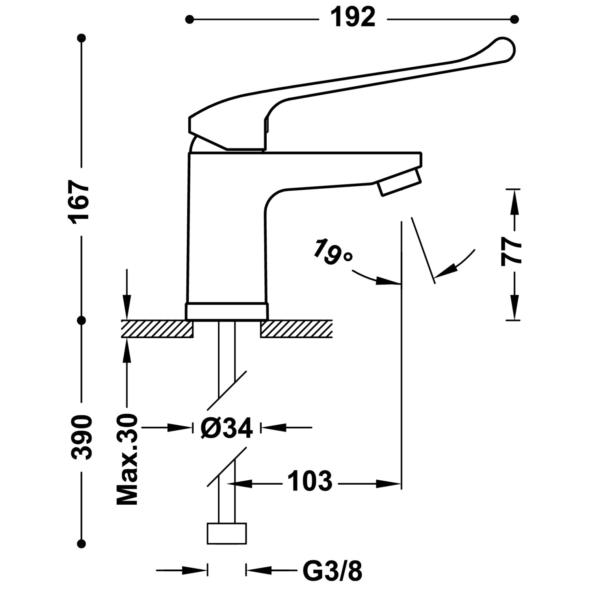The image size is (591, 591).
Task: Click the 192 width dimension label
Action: [353, 18]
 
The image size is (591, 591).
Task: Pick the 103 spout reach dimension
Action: [310, 481]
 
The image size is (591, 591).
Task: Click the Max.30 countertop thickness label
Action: [127, 459]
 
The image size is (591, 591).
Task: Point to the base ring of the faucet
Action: [227, 311]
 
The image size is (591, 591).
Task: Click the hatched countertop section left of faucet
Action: [157, 329]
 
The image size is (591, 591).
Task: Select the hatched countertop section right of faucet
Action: [296, 329]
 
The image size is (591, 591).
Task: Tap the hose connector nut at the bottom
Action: [227, 533]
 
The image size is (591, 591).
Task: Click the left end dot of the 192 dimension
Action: [190, 19]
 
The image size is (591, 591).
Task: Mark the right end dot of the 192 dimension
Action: [514, 19]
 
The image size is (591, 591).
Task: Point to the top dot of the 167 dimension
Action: [82, 38]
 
